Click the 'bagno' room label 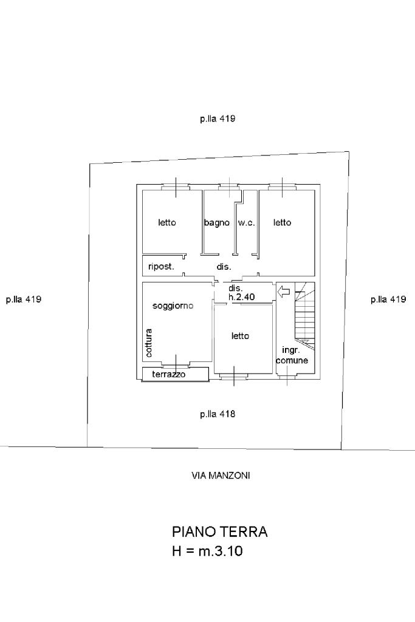217,223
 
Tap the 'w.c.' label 246,223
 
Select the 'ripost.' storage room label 162,267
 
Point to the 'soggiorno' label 173,306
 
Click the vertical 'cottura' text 149,343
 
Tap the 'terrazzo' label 169,375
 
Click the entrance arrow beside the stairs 283,293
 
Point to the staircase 303,316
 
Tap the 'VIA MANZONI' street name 221,476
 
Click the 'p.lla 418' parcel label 218,414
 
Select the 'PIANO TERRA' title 220,532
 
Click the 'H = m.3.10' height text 208,552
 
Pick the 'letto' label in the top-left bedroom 167,223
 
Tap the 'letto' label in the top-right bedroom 282,223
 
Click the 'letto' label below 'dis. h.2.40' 241,336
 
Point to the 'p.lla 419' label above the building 218,119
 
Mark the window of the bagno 228,186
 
